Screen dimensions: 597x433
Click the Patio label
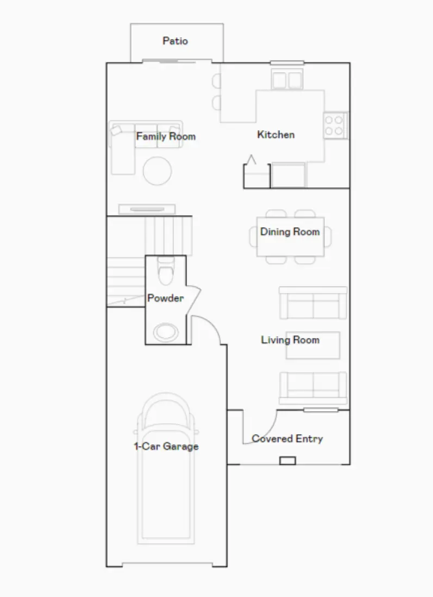[x=175, y=41]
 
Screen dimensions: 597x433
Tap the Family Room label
[x=166, y=136]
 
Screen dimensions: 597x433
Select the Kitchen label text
[x=276, y=135]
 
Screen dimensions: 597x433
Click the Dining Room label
[x=290, y=232]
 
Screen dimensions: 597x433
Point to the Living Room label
[x=290, y=340]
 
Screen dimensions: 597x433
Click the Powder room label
[x=165, y=298]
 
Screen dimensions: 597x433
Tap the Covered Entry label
[x=287, y=439]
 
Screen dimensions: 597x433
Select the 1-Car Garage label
[x=166, y=447]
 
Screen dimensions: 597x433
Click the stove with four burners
[x=336, y=125]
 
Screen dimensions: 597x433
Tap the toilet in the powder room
[x=165, y=270]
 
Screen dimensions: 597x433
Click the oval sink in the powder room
[x=166, y=332]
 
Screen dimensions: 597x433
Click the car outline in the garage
[x=166, y=478]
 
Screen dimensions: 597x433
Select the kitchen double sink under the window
[x=286, y=80]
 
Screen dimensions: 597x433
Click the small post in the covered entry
[x=287, y=461]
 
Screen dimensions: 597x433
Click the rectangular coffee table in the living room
[x=313, y=346]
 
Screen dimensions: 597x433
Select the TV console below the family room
[x=147, y=209]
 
